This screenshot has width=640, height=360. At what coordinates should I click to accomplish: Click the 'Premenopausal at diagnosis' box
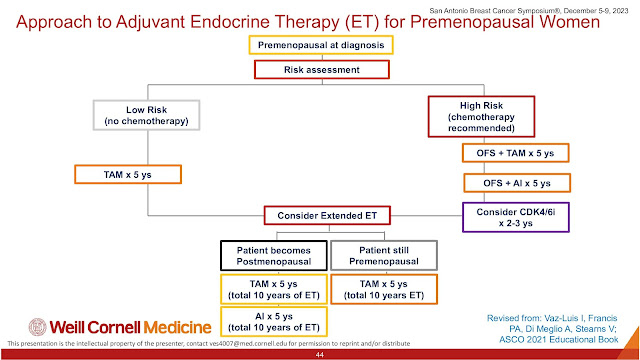[321, 45]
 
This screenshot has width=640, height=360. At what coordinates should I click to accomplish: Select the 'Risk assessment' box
[322, 69]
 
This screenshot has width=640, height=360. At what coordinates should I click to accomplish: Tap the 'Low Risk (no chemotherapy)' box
[147, 115]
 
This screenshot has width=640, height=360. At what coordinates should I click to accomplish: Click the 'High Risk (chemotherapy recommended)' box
[481, 117]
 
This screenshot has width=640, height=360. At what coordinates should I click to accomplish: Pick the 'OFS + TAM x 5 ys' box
[516, 153]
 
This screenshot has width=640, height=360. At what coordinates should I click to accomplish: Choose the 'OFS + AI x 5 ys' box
[517, 183]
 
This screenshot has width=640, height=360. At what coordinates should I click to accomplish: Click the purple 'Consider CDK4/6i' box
[516, 217]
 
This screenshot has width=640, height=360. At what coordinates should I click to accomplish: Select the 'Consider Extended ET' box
[327, 216]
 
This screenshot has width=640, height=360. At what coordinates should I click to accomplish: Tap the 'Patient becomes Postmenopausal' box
[274, 256]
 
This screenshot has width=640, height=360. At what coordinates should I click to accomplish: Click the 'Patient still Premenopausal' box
[384, 256]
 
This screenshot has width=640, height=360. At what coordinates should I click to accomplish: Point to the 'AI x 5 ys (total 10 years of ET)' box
[274, 322]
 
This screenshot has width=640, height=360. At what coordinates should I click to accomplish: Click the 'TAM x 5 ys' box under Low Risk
[128, 174]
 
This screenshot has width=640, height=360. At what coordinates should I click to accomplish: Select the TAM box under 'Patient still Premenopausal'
[384, 289]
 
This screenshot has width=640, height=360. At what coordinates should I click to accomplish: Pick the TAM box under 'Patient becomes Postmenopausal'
[274, 289]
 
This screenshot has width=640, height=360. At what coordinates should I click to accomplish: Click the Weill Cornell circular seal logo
[38, 327]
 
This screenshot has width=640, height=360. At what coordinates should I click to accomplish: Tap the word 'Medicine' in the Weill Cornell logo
[178, 327]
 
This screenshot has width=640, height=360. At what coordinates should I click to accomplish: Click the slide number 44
[320, 355]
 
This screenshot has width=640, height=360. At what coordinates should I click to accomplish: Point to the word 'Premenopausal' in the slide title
[505, 22]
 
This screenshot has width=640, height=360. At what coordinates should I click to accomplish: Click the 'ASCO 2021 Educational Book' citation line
[559, 340]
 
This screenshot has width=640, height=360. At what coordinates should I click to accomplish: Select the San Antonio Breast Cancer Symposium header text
[529, 11]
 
